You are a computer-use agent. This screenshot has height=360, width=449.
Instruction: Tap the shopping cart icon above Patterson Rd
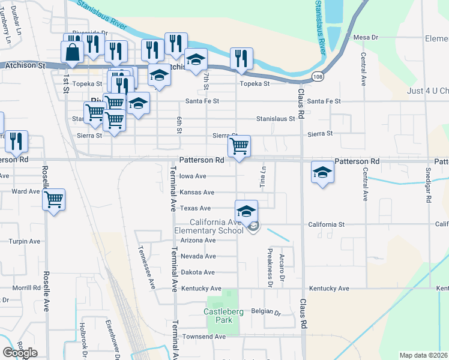tap(239, 146)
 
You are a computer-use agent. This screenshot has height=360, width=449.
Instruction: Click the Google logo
tap(20, 352)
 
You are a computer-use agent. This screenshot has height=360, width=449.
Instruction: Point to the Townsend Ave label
tap(205, 337)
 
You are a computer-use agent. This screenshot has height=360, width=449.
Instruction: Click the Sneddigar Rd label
tap(428, 183)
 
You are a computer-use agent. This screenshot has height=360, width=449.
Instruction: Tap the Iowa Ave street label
tap(193, 176)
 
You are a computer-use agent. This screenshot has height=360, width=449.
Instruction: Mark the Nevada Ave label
tap(197, 256)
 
